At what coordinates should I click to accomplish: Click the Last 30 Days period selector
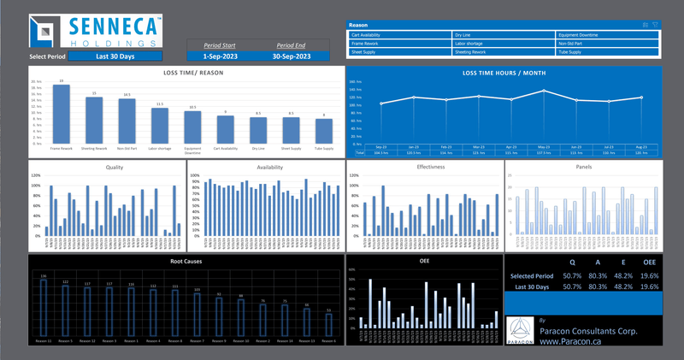115,56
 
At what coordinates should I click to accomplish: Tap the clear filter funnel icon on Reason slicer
655,25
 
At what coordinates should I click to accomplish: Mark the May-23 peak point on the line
545,91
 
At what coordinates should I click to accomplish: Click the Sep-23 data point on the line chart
381,103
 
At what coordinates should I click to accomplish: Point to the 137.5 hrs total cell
545,153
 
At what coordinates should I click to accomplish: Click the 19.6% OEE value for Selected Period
650,276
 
